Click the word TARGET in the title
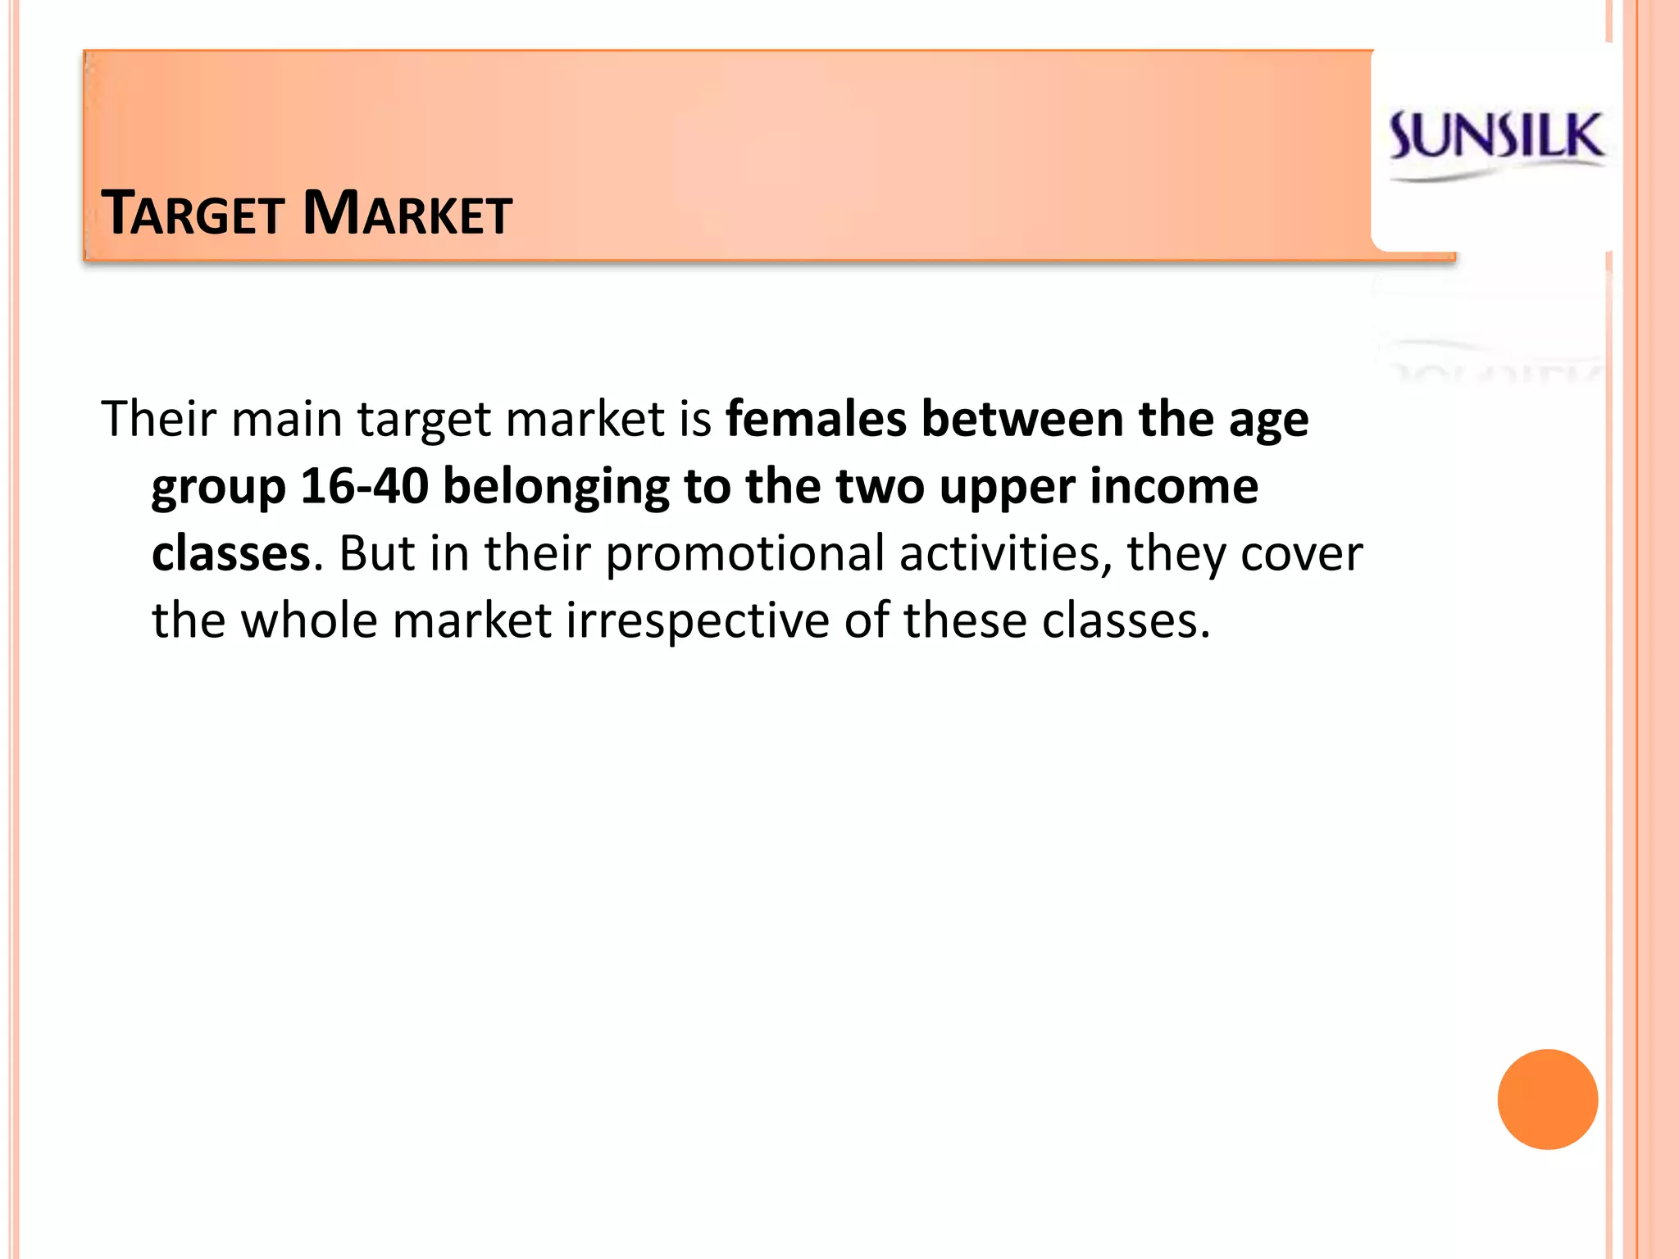pyautogui.click(x=193, y=214)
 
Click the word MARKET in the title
pyautogui.click(x=407, y=214)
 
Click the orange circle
pyautogui.click(x=1547, y=1099)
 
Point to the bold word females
pyautogui.click(x=816, y=419)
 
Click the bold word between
pyautogui.click(x=1022, y=419)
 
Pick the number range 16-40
pyautogui.click(x=365, y=486)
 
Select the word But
pyautogui.click(x=376, y=553)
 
